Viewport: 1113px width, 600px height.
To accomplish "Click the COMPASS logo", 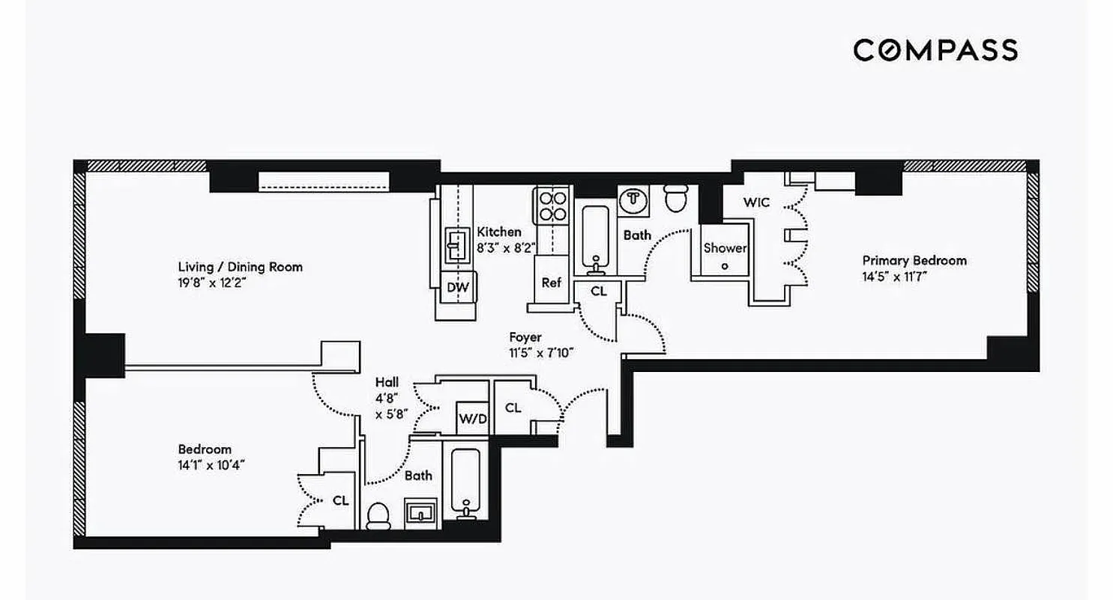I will pyautogui.click(x=935, y=50).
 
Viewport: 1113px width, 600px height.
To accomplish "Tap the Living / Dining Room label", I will pyautogui.click(x=240, y=267).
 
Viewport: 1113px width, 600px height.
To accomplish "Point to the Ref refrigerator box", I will pyautogui.click(x=551, y=283).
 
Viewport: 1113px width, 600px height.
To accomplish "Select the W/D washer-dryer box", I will pyautogui.click(x=472, y=418).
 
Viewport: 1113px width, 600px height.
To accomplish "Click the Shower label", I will pyautogui.click(x=724, y=247).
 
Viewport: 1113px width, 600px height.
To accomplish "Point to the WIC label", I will pyautogui.click(x=755, y=202).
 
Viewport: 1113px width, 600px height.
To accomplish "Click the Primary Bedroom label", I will pyautogui.click(x=914, y=261).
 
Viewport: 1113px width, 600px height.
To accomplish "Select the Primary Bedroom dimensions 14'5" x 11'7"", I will pyautogui.click(x=899, y=276).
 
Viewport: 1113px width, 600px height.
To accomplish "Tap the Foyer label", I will pyautogui.click(x=525, y=337).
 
